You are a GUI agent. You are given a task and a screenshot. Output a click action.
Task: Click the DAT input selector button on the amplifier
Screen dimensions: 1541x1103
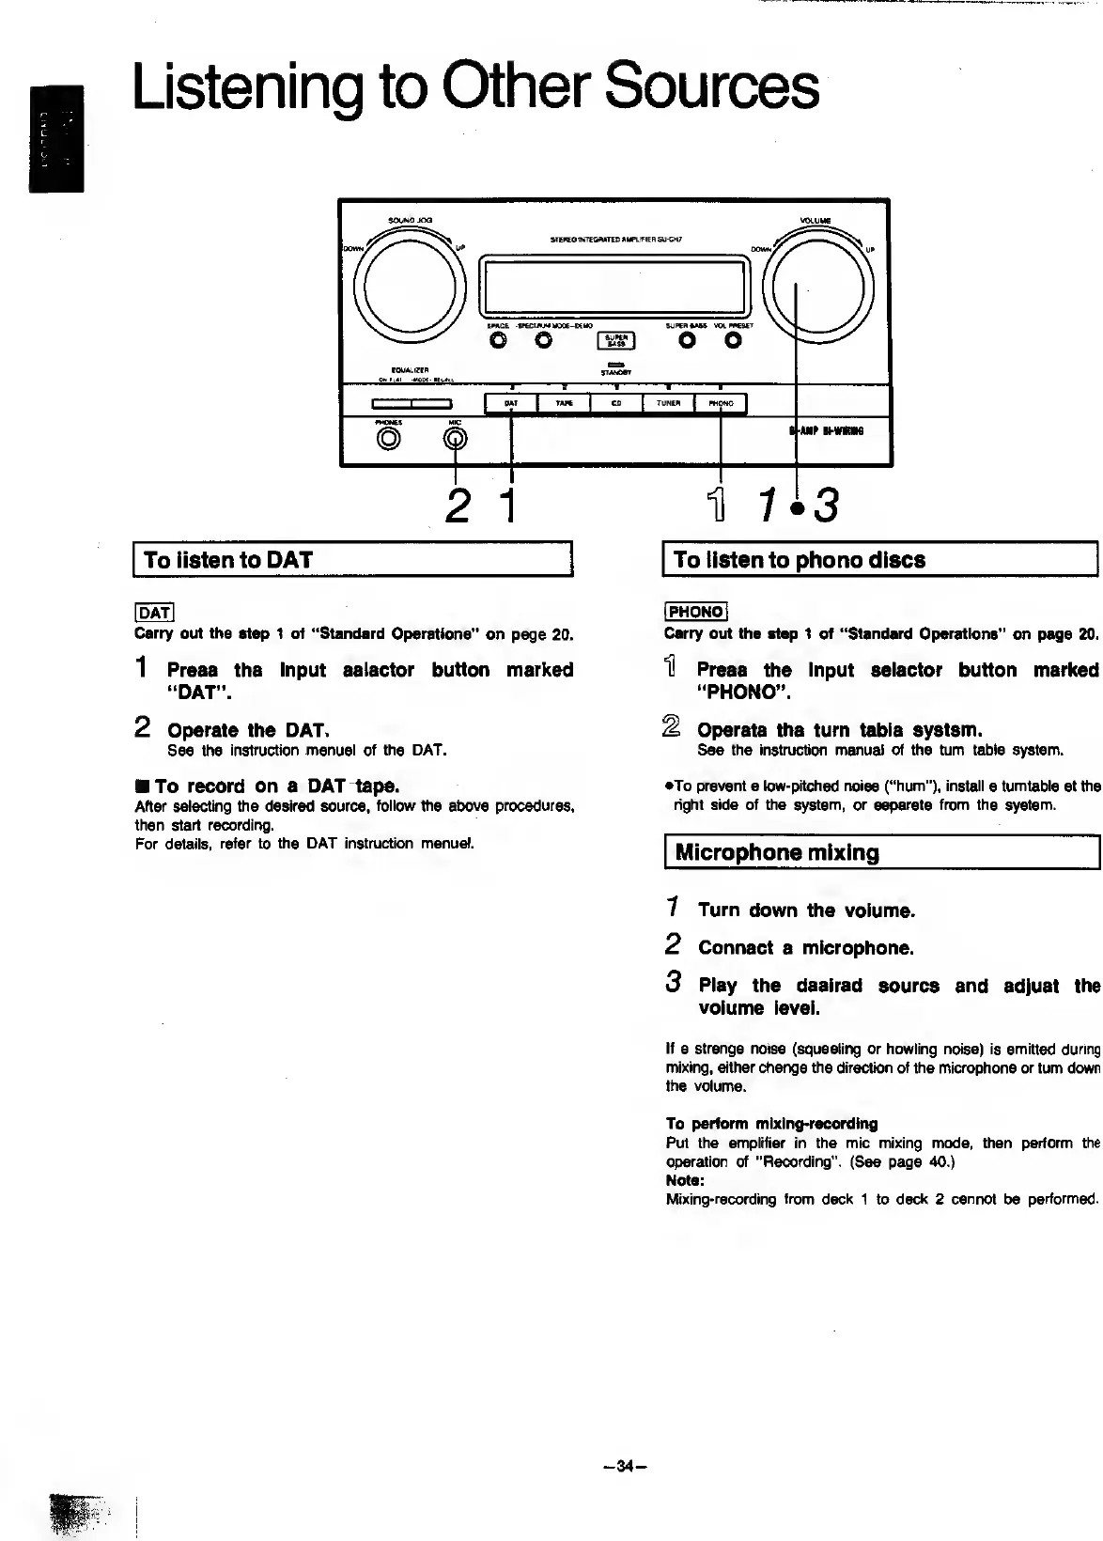pyautogui.click(x=510, y=404)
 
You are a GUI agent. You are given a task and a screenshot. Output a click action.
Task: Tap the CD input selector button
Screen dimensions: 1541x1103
pyautogui.click(x=616, y=404)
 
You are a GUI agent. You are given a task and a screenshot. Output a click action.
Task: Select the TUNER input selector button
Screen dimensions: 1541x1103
pyautogui.click(x=668, y=404)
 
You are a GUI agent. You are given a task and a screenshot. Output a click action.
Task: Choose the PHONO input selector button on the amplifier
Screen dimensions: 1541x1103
pyautogui.click(x=721, y=404)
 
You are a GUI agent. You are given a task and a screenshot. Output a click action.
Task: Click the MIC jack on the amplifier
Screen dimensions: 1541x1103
pyautogui.click(x=456, y=438)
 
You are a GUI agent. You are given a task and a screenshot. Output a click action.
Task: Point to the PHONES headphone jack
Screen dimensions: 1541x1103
pyautogui.click(x=388, y=438)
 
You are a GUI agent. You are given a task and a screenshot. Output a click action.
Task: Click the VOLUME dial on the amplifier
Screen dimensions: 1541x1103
pyautogui.click(x=817, y=286)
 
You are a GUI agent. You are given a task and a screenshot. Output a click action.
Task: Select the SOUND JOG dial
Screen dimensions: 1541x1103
pyautogui.click(x=412, y=286)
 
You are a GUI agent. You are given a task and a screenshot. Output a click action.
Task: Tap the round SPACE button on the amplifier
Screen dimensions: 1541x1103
pyautogui.click(x=498, y=341)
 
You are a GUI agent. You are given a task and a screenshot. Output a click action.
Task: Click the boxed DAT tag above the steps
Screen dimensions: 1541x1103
pyautogui.click(x=153, y=613)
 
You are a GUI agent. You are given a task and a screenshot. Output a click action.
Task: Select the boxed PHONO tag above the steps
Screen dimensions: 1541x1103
pyautogui.click(x=695, y=612)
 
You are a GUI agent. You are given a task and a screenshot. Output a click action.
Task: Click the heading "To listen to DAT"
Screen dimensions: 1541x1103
pyautogui.click(x=228, y=560)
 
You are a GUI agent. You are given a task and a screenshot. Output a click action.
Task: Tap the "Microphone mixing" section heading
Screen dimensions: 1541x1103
pyautogui.click(x=777, y=853)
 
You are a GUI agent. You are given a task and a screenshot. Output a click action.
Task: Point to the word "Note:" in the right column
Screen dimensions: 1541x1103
pyautogui.click(x=685, y=1180)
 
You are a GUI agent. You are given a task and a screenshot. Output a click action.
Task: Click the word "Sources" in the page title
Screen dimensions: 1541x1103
pyautogui.click(x=711, y=87)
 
